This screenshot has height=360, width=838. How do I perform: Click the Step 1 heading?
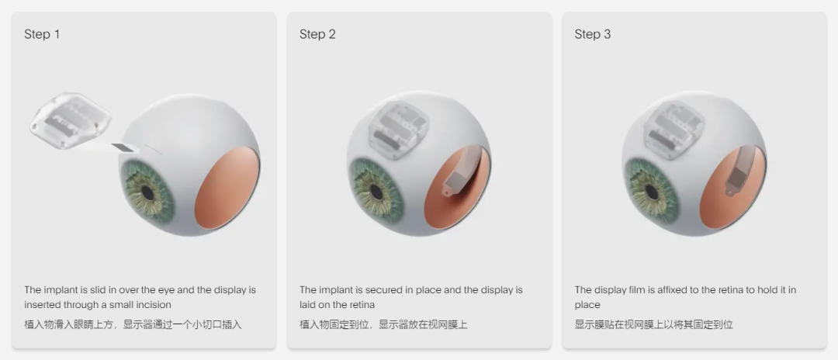[x=42, y=34]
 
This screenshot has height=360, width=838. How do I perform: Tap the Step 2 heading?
[x=317, y=34]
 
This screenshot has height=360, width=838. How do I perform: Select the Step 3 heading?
[x=593, y=34]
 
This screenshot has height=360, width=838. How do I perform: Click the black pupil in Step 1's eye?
[x=148, y=194]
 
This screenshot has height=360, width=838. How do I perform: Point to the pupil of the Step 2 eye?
[x=378, y=192]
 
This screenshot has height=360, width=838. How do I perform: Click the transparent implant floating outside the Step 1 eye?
[x=70, y=121]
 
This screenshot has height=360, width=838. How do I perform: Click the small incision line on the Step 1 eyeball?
[x=154, y=151]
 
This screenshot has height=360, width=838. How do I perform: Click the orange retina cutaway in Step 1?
[x=227, y=187]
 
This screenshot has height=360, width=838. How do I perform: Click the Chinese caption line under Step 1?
[x=133, y=324]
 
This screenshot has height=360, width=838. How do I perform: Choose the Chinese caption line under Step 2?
[x=383, y=324]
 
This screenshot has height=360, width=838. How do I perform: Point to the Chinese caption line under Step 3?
[x=653, y=324]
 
